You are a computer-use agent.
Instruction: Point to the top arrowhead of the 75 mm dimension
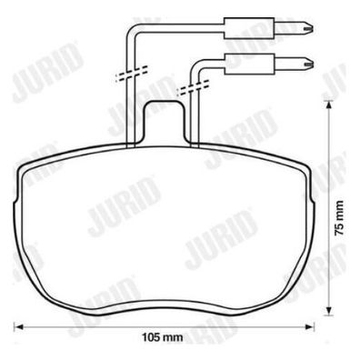327,105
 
